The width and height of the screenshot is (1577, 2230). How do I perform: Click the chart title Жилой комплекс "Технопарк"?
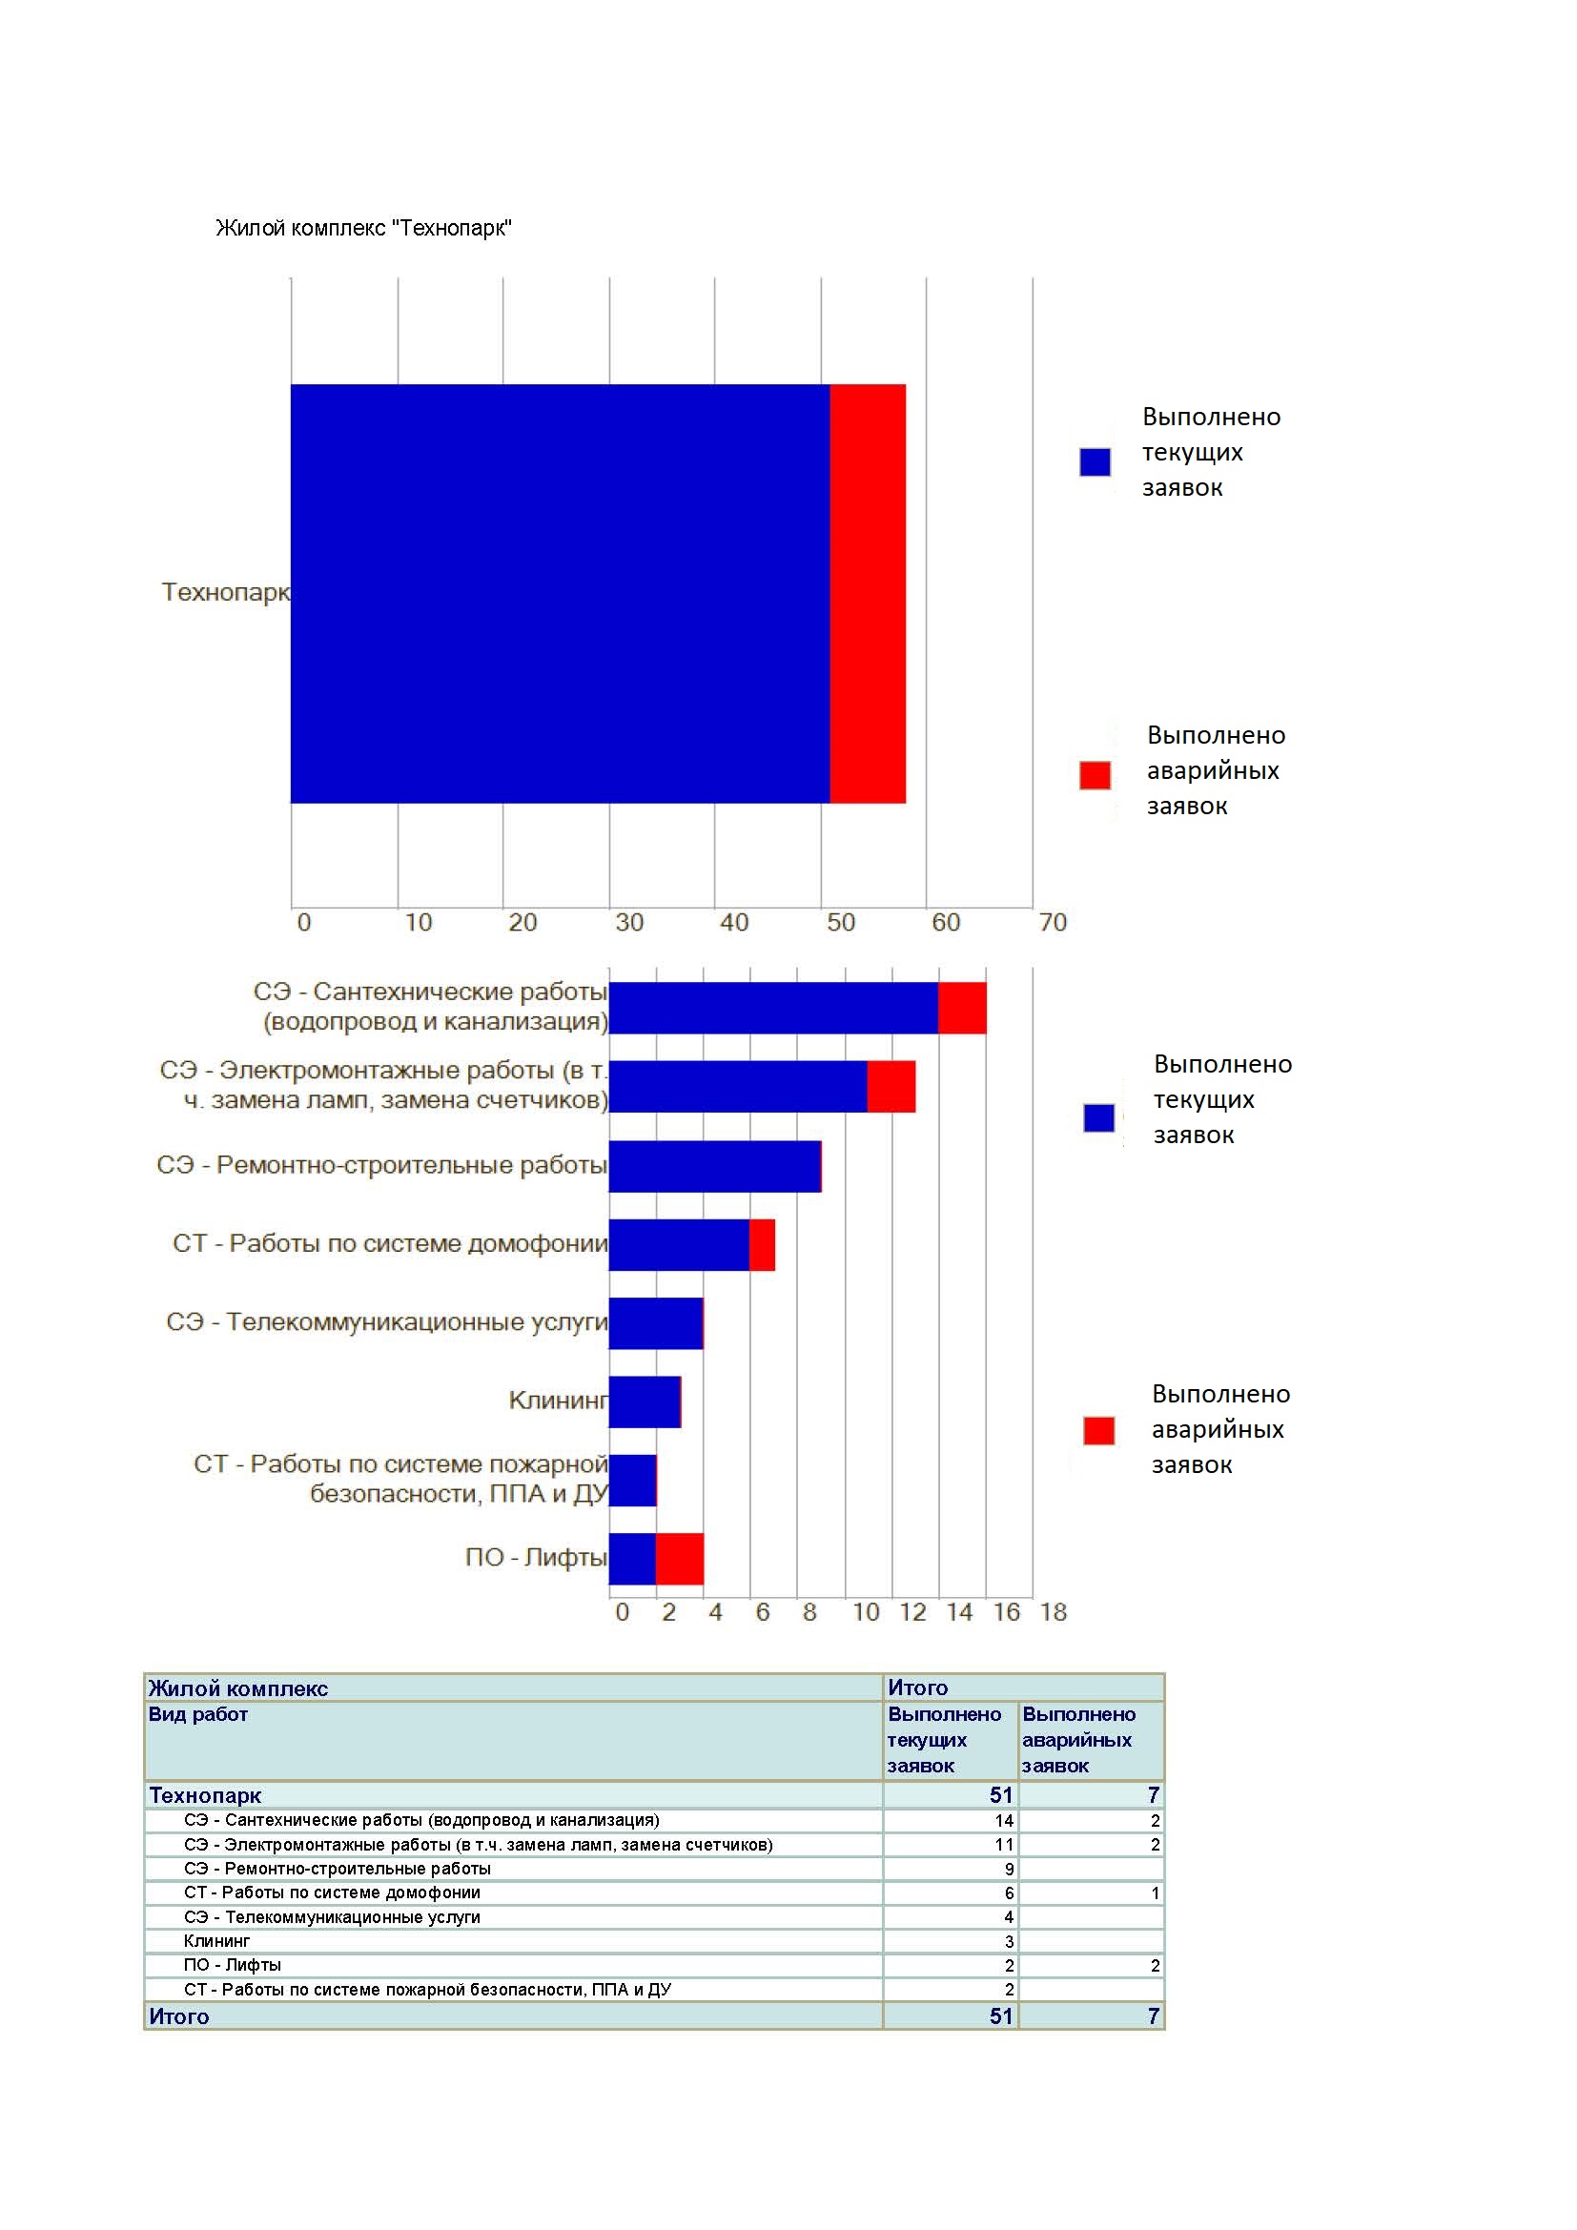tap(363, 228)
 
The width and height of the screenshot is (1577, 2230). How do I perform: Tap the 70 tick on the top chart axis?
tap(1053, 922)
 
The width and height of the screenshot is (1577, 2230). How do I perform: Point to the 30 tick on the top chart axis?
tap(629, 922)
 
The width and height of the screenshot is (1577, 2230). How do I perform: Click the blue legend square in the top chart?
tap(1096, 461)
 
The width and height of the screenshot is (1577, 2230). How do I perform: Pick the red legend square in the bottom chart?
tap(1099, 1431)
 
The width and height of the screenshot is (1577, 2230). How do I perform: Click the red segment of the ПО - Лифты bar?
tap(680, 1559)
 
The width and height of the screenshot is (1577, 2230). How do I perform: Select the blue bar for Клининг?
tap(645, 1401)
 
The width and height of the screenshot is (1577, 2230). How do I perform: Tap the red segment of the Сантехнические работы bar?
tap(962, 1008)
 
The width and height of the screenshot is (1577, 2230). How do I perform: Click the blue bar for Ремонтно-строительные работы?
tap(715, 1165)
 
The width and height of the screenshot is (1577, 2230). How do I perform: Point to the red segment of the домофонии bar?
tap(763, 1244)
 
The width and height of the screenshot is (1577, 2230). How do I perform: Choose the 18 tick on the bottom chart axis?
tap(1054, 1612)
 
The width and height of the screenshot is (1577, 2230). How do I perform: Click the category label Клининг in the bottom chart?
tap(559, 1401)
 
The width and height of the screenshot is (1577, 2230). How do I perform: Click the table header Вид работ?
tap(198, 1714)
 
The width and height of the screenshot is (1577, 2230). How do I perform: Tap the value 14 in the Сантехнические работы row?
tap(1004, 1820)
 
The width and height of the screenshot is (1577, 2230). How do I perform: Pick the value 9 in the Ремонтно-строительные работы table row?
tap(1010, 1869)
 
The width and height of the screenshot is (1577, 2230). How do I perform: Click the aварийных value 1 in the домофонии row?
tap(1156, 1893)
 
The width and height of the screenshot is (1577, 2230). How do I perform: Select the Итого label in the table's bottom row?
tap(178, 2016)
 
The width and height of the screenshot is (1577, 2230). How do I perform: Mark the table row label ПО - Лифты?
tap(232, 1965)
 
